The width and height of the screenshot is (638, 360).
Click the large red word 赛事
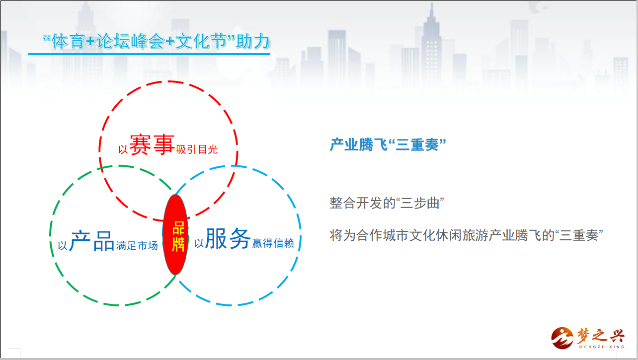click(x=152, y=145)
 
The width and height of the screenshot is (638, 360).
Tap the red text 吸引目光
click(x=197, y=149)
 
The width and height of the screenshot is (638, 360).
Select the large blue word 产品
click(x=92, y=241)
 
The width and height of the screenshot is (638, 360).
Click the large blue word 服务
click(x=228, y=238)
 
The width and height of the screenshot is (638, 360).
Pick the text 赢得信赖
click(x=273, y=243)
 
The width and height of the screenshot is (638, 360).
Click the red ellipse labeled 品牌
click(x=175, y=235)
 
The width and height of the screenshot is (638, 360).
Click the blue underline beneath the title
click(x=149, y=54)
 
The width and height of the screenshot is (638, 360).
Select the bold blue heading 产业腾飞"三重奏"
click(x=388, y=144)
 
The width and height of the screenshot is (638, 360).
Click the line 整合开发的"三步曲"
click(x=387, y=203)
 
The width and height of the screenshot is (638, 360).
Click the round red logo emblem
click(x=562, y=338)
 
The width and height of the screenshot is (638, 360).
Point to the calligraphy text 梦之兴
click(x=601, y=336)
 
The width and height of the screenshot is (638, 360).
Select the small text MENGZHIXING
click(x=602, y=347)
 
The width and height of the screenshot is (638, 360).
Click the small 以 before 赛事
click(x=123, y=149)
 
